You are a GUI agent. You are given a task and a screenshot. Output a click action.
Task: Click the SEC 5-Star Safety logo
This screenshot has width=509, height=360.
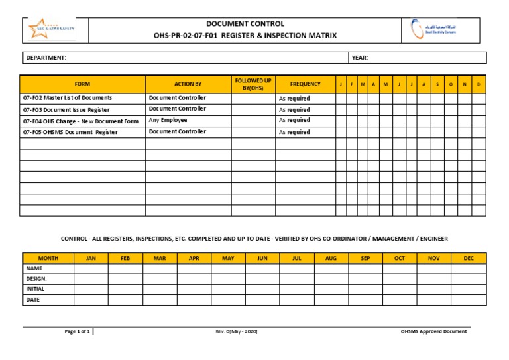coord(52,29)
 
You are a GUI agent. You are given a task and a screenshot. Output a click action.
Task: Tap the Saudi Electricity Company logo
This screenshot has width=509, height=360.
coord(433,29)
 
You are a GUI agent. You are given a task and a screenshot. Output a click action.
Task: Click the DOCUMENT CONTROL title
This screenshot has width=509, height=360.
coord(245,24)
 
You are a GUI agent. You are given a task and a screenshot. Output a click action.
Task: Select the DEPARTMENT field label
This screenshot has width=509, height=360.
coord(46,58)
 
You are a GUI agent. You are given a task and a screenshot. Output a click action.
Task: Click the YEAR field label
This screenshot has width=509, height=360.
coord(360,58)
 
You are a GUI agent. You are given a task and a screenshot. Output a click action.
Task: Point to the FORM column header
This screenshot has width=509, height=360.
coord(82,84)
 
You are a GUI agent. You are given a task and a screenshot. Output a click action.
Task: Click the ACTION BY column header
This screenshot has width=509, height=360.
coord(188,84)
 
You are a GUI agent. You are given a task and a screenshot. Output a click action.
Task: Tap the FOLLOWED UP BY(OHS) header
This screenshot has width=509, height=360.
coord(253,84)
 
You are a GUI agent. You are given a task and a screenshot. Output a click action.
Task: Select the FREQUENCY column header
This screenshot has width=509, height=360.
coord(305,84)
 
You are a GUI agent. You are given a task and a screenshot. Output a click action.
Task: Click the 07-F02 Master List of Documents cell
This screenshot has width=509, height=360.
coord(68,98)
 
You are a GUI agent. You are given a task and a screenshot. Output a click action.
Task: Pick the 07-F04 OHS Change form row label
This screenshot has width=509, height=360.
coord(81,121)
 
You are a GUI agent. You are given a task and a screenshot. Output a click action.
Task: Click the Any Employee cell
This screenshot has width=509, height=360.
coord(168,121)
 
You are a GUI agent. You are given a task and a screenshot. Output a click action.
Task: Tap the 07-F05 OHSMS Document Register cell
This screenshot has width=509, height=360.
coord(70,132)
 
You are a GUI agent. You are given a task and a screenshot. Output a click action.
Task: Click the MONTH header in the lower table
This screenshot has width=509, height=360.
coord(48,258)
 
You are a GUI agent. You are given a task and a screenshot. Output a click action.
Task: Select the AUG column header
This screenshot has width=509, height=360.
coord(331,258)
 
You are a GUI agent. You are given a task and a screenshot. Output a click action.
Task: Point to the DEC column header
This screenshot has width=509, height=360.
coord(469,258)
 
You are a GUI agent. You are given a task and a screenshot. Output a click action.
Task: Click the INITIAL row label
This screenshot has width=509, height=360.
coord(35,289)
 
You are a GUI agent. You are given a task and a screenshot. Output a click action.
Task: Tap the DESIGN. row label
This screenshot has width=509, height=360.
coord(36,279)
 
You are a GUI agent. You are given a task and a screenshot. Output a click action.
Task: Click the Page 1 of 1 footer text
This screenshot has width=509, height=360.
coord(78,331)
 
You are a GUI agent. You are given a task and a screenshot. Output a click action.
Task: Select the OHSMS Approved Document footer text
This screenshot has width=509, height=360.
coord(433,331)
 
